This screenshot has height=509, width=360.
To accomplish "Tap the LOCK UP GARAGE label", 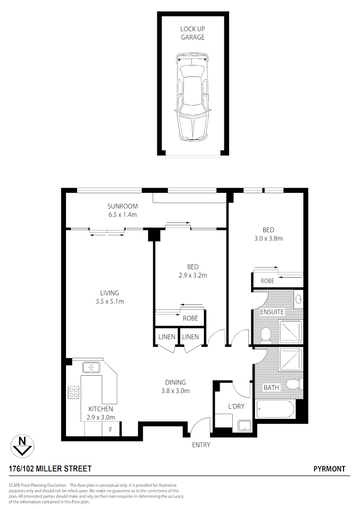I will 193,33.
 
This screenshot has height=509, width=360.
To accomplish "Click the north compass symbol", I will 22,445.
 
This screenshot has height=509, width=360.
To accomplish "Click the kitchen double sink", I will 92,367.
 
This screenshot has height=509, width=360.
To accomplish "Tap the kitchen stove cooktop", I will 74,392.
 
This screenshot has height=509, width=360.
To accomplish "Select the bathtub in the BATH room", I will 275,409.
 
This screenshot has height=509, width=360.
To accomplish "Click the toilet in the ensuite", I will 266,335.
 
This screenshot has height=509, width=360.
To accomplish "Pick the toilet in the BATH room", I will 294,384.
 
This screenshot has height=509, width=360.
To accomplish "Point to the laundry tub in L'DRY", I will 245,426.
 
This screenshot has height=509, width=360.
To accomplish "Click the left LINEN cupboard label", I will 167,337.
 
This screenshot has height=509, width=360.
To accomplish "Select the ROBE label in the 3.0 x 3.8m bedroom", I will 267,281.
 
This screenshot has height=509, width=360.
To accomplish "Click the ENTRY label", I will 201,444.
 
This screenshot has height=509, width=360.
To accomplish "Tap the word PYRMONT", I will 329,469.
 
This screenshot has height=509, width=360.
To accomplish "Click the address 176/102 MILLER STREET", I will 50,469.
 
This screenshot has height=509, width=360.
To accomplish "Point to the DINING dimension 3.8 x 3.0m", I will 175,390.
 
